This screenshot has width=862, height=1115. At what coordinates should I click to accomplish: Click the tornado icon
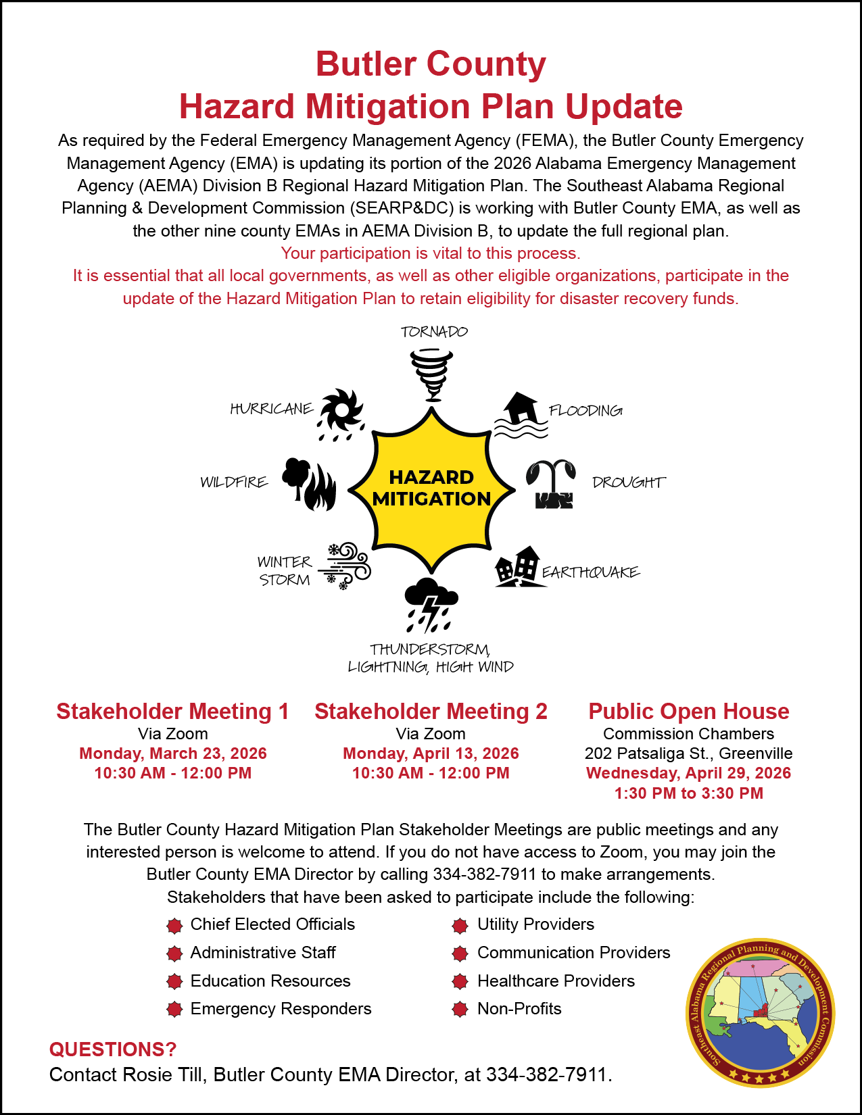point(431,374)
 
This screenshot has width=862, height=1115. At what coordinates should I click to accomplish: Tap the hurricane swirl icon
point(341,413)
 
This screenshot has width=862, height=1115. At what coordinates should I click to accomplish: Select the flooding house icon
point(521,414)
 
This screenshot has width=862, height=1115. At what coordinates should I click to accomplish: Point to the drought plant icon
point(552,483)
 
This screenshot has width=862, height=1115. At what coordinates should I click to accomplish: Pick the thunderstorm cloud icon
point(431,603)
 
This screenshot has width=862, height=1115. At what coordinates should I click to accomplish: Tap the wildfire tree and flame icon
point(309,484)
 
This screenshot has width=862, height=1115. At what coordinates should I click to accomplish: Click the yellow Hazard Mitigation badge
point(431,488)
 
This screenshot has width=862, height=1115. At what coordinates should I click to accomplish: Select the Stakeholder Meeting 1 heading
point(172,711)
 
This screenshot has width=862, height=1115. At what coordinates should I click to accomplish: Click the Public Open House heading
point(688,711)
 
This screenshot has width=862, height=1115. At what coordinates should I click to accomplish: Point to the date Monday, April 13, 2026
point(431,753)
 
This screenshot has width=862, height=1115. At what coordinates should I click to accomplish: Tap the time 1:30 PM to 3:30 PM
point(688,793)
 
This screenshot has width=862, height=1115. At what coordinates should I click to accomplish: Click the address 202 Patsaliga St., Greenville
point(688,753)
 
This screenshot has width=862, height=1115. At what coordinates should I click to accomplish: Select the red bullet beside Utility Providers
point(460,925)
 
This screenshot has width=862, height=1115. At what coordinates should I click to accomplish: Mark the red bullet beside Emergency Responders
point(174,1010)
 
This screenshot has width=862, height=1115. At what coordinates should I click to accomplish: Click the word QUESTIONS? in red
point(113,1049)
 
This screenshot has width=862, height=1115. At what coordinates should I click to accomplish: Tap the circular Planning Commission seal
point(760,1012)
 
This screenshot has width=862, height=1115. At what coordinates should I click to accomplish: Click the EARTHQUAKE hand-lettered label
point(591,572)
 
